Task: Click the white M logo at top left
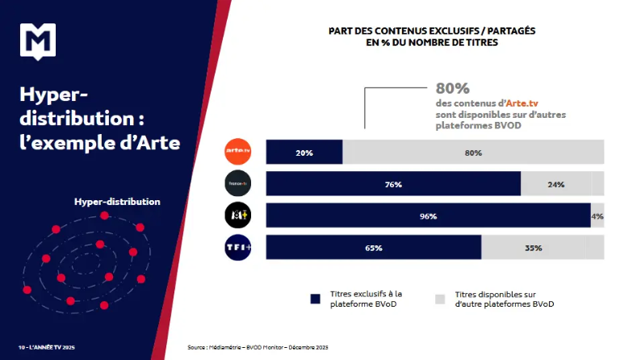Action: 36,41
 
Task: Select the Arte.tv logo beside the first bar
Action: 239,151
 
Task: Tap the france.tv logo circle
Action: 239,184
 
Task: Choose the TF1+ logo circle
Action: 239,247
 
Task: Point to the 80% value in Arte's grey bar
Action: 473,153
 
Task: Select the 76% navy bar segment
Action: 393,184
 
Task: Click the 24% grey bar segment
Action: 562,184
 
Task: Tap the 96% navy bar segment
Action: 428,216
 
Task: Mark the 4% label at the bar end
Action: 597,216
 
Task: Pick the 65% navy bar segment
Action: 374,248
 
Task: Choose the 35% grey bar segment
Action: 542,248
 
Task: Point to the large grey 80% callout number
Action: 452,88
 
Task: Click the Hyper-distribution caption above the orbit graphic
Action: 117,202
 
